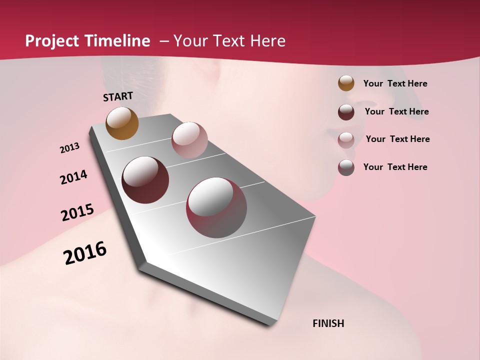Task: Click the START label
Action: click(118, 96)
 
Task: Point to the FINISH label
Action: click(328, 323)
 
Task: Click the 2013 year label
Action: click(69, 148)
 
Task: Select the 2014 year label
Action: click(73, 177)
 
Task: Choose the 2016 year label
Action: click(85, 253)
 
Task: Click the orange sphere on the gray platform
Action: click(122, 123)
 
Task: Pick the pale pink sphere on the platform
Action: click(189, 140)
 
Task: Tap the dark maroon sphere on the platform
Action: click(145, 180)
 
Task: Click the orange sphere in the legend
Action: click(346, 83)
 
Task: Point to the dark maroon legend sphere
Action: click(346, 112)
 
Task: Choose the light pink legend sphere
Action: click(346, 139)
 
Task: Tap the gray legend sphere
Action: click(346, 167)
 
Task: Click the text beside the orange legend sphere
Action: click(395, 84)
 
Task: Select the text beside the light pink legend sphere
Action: click(397, 139)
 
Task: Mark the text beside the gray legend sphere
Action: click(395, 167)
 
